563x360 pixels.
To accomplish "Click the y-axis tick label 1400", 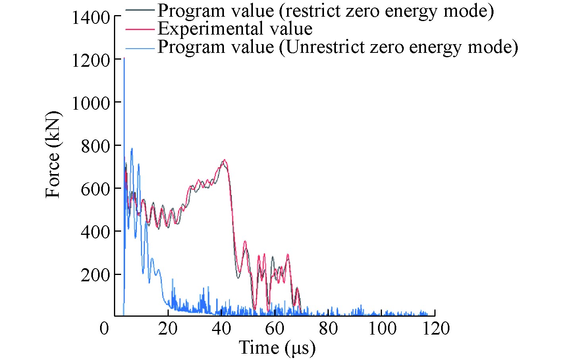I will [91, 17].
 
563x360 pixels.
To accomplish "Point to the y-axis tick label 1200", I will [91, 60].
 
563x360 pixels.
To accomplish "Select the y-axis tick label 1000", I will [91, 103].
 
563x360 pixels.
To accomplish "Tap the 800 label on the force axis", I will [95, 146].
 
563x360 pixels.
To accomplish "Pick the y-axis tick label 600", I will [95, 189].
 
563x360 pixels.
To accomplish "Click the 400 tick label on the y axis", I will [95, 232].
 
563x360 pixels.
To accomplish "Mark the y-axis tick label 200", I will [95, 275].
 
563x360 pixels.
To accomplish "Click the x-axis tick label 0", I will [104, 329].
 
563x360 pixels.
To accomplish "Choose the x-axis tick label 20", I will [168, 329].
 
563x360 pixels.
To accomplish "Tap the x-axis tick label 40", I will [221, 329].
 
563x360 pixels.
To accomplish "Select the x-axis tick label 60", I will [275, 329].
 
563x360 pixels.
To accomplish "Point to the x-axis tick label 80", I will [328, 329].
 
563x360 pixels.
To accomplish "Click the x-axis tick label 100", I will [382, 329].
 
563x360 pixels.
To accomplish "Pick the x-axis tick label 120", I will [436, 329].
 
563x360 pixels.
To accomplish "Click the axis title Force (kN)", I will [53, 154].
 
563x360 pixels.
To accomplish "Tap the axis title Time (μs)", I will [277, 348].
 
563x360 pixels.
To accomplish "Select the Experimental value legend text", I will [235, 29].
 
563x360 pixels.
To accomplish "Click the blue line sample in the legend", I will [140, 48].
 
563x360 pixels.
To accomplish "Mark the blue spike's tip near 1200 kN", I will [124, 58].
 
